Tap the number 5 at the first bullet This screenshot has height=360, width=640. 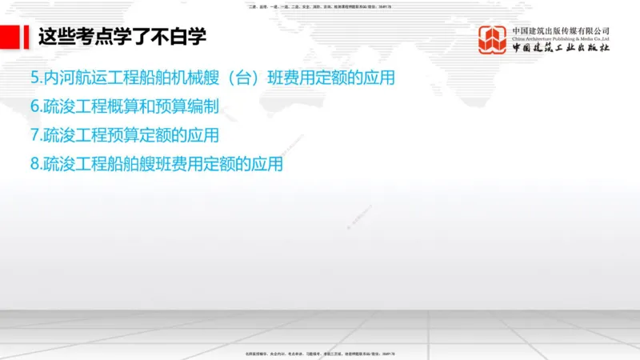34,78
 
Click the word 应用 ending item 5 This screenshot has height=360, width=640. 379,78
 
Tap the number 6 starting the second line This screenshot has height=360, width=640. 34,106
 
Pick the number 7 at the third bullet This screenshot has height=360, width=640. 34,135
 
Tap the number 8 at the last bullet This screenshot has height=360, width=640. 34,164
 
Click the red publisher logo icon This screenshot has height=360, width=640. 492,40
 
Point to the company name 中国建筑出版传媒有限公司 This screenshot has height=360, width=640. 561,31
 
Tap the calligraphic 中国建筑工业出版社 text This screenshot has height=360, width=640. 561,49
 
